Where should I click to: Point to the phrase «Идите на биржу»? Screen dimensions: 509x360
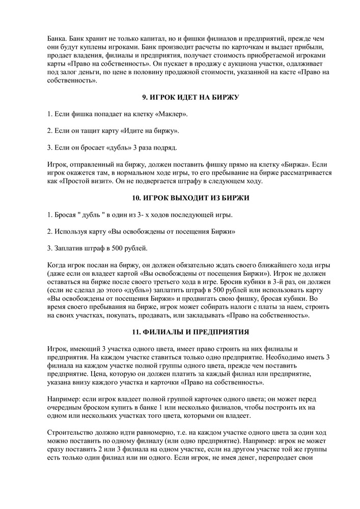click(x=149, y=131)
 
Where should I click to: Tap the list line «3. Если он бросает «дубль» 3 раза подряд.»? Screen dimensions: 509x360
click(x=112, y=148)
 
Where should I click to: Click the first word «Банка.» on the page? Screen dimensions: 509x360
click(x=57, y=39)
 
